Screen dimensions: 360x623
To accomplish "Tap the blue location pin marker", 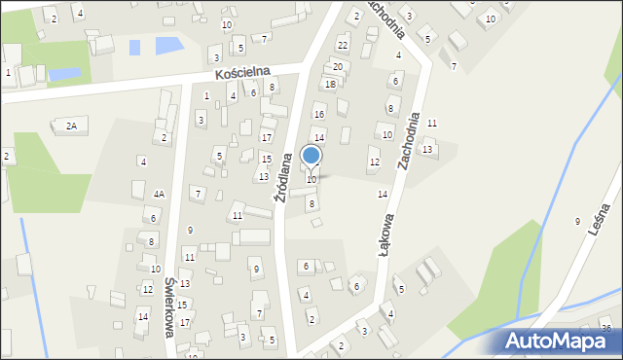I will (x=311, y=157).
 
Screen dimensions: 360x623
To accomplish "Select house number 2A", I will (x=71, y=126).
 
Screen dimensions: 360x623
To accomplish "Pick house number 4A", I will (x=159, y=194).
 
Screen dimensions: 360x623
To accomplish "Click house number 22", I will (x=342, y=45).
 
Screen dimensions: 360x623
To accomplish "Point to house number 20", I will (x=338, y=66).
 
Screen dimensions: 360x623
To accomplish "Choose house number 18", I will (x=330, y=85).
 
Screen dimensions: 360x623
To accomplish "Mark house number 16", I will (x=318, y=115).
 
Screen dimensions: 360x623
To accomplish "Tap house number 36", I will (x=606, y=328).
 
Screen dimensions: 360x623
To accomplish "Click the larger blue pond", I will (x=167, y=45).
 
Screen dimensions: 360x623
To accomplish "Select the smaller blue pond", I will (x=64, y=73).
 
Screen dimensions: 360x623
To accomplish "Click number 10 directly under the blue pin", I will (x=311, y=179).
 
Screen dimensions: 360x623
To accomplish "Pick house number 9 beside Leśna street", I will (x=577, y=222).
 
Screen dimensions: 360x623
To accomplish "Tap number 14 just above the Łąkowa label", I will (x=383, y=195).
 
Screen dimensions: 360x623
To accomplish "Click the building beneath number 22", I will (x=342, y=57).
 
